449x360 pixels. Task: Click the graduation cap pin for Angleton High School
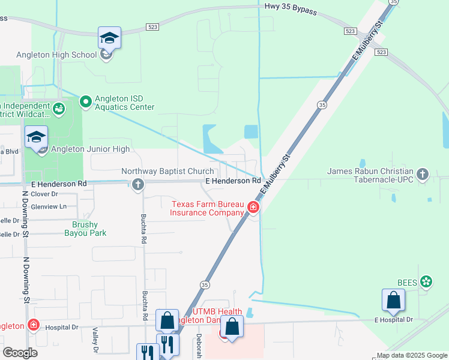point(110,38)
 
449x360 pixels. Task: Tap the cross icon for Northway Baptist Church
point(138,184)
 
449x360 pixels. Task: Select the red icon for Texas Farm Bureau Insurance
point(253,208)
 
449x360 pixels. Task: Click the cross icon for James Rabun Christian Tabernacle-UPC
point(423,174)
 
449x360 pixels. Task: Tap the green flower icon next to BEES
point(426,281)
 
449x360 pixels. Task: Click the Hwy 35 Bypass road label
point(291,8)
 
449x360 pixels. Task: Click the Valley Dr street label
point(95,340)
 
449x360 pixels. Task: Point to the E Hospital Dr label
point(394,320)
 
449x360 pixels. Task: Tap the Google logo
point(20,353)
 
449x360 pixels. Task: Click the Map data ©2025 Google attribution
point(411,355)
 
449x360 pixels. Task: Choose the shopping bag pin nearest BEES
point(393,301)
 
